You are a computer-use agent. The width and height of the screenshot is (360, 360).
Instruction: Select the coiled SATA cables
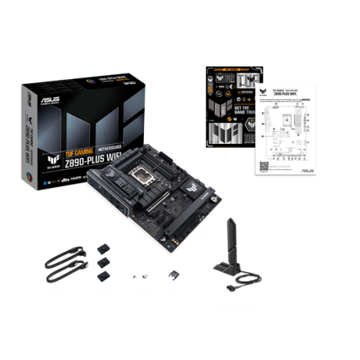pos(63,267)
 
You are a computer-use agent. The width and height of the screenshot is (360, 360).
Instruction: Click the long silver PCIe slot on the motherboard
pos(144,216)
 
